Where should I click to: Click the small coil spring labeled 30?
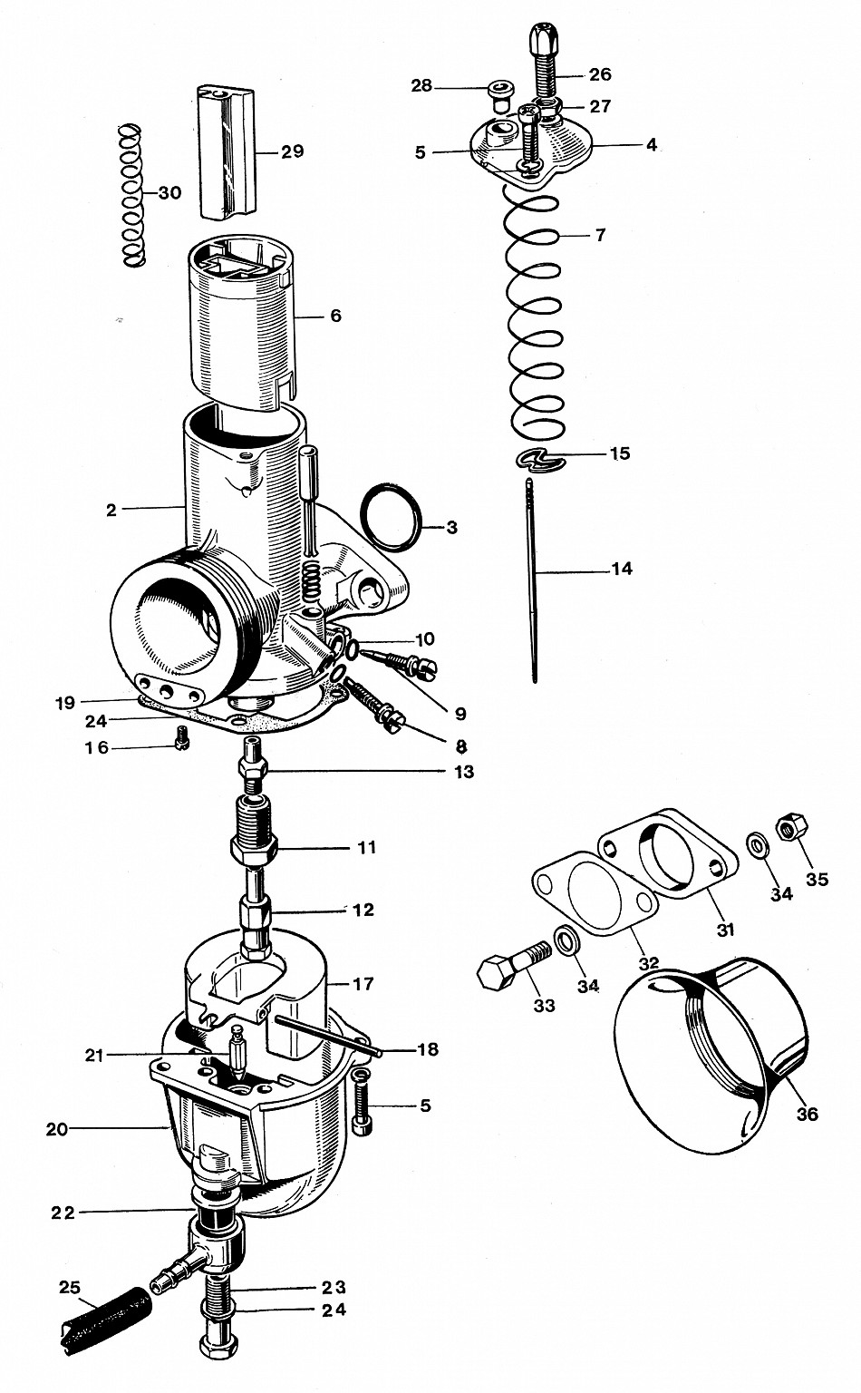133,195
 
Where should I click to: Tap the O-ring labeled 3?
392,517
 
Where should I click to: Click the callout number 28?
421,86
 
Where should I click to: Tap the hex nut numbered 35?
787,827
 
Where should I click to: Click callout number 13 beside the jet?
464,773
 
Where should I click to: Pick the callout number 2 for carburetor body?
111,511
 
